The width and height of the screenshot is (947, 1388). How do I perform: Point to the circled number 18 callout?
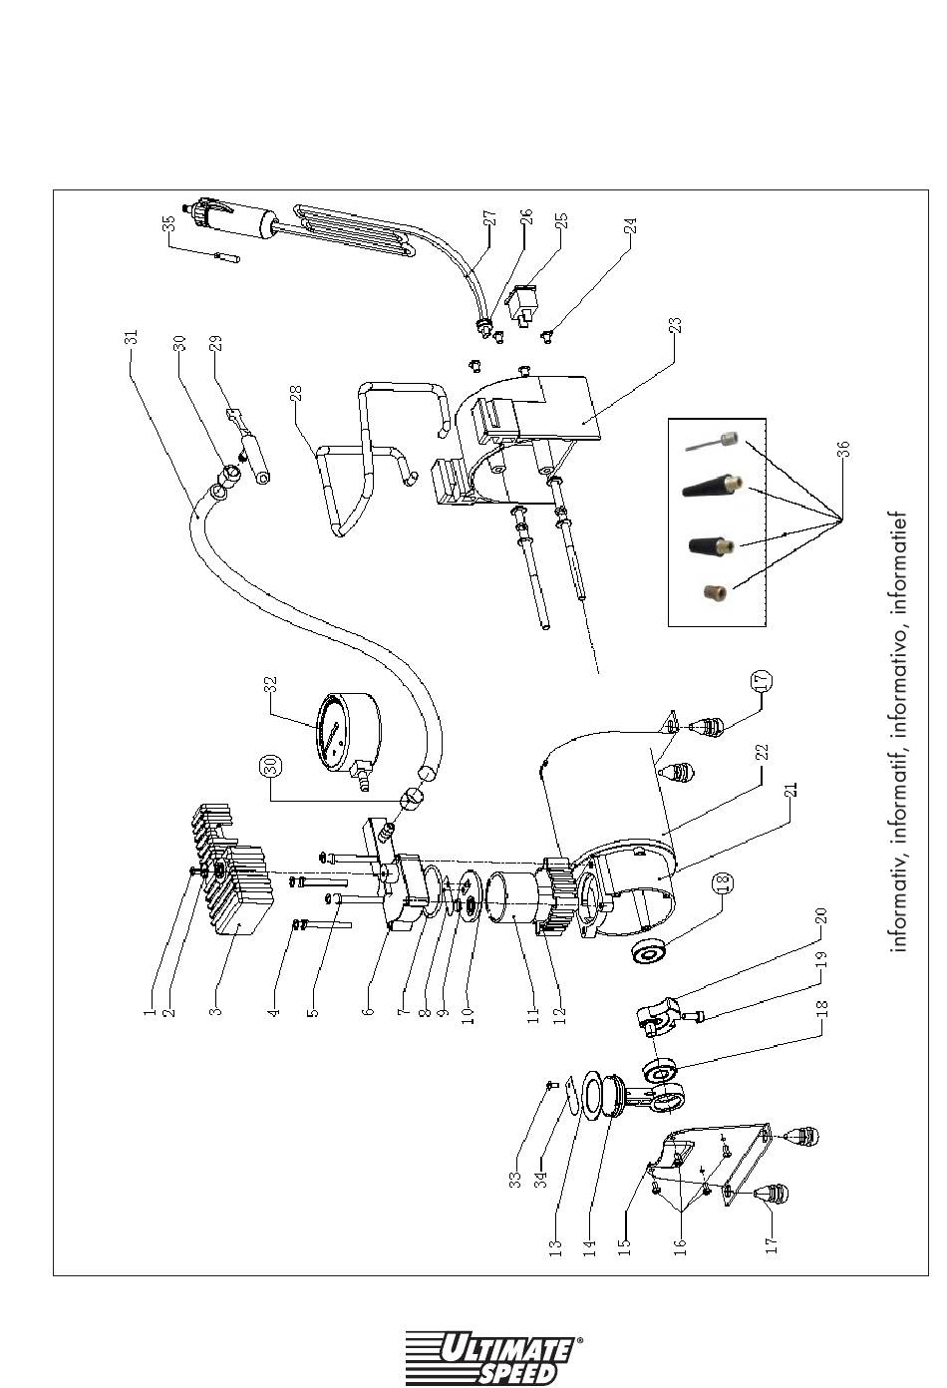click(722, 883)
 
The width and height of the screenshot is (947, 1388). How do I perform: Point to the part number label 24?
click(630, 227)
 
